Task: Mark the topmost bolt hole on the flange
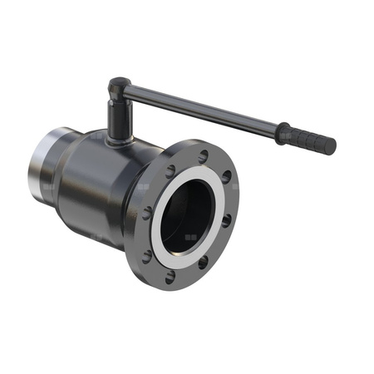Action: click(202, 155)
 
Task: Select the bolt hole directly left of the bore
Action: click(147, 214)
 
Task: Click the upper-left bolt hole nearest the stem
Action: click(170, 172)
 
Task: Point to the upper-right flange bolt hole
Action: click(225, 177)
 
